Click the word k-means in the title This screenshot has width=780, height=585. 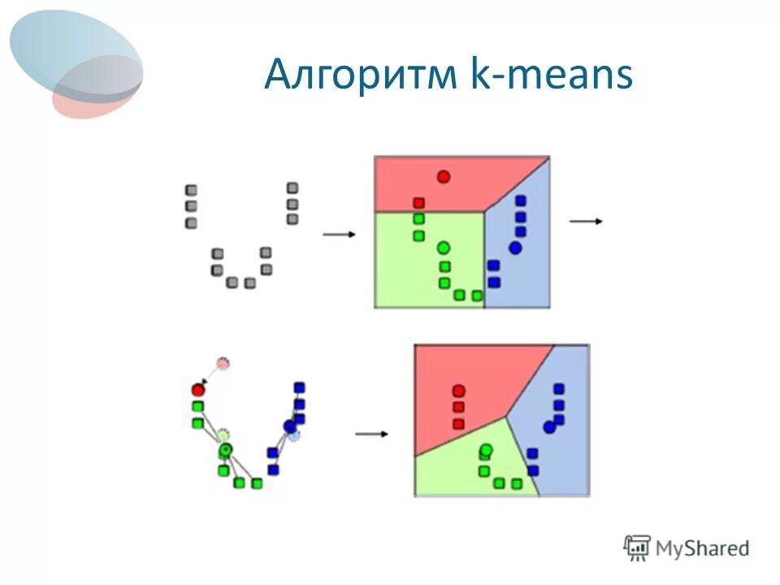[551, 76]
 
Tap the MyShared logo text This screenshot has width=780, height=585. [703, 548]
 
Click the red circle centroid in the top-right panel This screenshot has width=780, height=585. [443, 176]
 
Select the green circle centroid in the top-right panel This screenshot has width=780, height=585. [443, 247]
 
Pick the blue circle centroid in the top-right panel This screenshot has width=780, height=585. [515, 247]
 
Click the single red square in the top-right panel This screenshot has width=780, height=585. [418, 203]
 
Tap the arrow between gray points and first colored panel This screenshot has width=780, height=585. [340, 234]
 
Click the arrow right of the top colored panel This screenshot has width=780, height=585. [586, 221]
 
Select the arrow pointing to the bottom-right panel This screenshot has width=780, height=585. [372, 434]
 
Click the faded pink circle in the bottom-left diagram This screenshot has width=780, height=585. [223, 363]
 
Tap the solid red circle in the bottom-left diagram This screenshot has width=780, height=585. [197, 390]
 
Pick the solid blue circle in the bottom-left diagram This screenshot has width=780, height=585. [290, 426]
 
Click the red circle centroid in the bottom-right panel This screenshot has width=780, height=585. [458, 391]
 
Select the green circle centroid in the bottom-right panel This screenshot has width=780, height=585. [486, 449]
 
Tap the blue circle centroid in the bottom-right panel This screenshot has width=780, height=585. [550, 427]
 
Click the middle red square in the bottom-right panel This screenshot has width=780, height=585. [458, 407]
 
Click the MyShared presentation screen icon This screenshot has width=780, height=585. [638, 548]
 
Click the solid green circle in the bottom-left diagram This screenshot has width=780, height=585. [225, 449]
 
